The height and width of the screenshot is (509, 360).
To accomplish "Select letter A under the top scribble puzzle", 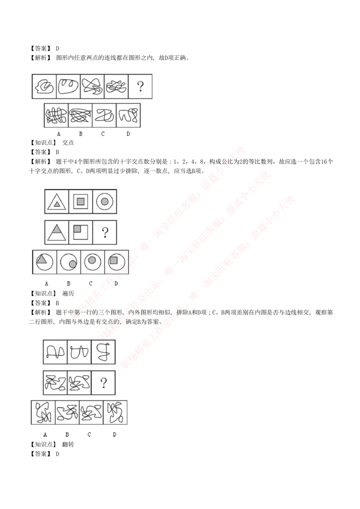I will pos(58,134).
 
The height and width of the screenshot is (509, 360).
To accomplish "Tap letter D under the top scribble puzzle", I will pos(128,134).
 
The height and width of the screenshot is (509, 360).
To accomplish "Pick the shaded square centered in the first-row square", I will pos(81,202).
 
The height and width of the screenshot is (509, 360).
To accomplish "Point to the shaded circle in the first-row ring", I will pos(104,202).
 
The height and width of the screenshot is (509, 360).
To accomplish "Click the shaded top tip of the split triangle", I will pos(57,229).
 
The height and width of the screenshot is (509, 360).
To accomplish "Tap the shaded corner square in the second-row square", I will pos(77,228).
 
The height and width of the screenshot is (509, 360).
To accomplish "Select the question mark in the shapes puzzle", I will pos(105,232).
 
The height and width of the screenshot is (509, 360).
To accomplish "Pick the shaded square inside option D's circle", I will pos(114,260).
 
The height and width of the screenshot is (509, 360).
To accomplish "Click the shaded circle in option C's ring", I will pos(93,260).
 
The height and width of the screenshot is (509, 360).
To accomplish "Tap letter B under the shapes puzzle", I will pos(68,284).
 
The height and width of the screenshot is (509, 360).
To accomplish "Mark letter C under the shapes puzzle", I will pos(90,284).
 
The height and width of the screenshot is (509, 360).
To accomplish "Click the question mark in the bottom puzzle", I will pos(104,383).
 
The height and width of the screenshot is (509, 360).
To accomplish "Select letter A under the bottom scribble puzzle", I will pos(45,434).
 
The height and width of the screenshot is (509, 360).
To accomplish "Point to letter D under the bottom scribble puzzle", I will pos(114,434).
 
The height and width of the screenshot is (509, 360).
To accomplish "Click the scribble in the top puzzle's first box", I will pos(44,86).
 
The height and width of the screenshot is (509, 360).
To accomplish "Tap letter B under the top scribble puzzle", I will pos(81,134).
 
